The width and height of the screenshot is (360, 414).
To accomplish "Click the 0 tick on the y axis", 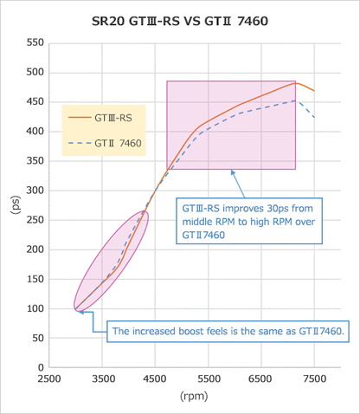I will click(41, 367).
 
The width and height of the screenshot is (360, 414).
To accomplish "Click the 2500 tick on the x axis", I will click(50, 378).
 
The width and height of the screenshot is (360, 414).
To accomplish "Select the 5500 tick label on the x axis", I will click(209, 378).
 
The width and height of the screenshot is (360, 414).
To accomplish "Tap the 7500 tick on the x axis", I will click(315, 378).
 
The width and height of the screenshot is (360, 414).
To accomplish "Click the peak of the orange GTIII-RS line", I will click(295, 82).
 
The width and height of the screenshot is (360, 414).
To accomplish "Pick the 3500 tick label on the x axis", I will click(103, 378).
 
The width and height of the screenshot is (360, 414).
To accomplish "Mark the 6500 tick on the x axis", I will click(261, 378).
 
